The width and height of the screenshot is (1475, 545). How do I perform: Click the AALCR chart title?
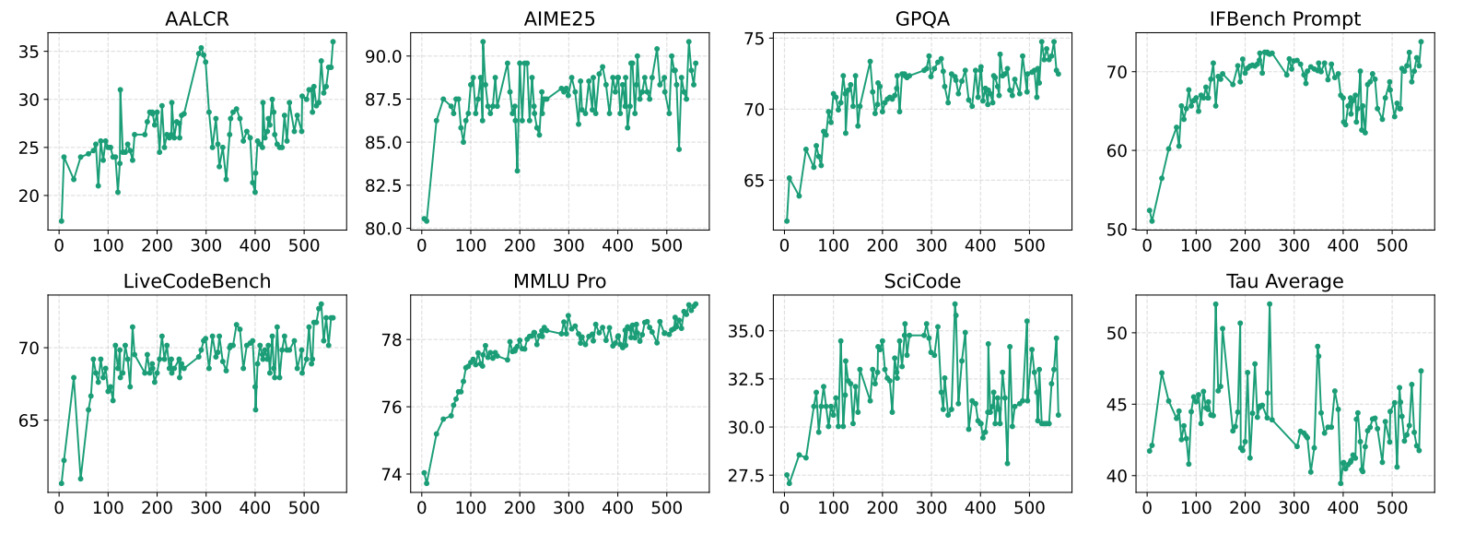tap(197, 18)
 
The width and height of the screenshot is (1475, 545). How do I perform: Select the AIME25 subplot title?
tap(559, 18)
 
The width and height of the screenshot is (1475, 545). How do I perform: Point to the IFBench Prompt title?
tap(1284, 18)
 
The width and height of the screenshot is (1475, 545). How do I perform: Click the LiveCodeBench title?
tap(197, 281)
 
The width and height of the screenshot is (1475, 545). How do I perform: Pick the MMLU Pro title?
tap(559, 281)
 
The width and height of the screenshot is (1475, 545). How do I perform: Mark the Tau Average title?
tap(1284, 281)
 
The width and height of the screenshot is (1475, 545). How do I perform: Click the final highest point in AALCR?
tap(333, 41)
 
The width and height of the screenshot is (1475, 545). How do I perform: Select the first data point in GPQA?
tap(787, 221)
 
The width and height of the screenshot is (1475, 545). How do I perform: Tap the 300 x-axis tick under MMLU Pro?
tap(568, 507)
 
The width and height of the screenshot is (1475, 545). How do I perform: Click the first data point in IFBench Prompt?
tap(1149, 210)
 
